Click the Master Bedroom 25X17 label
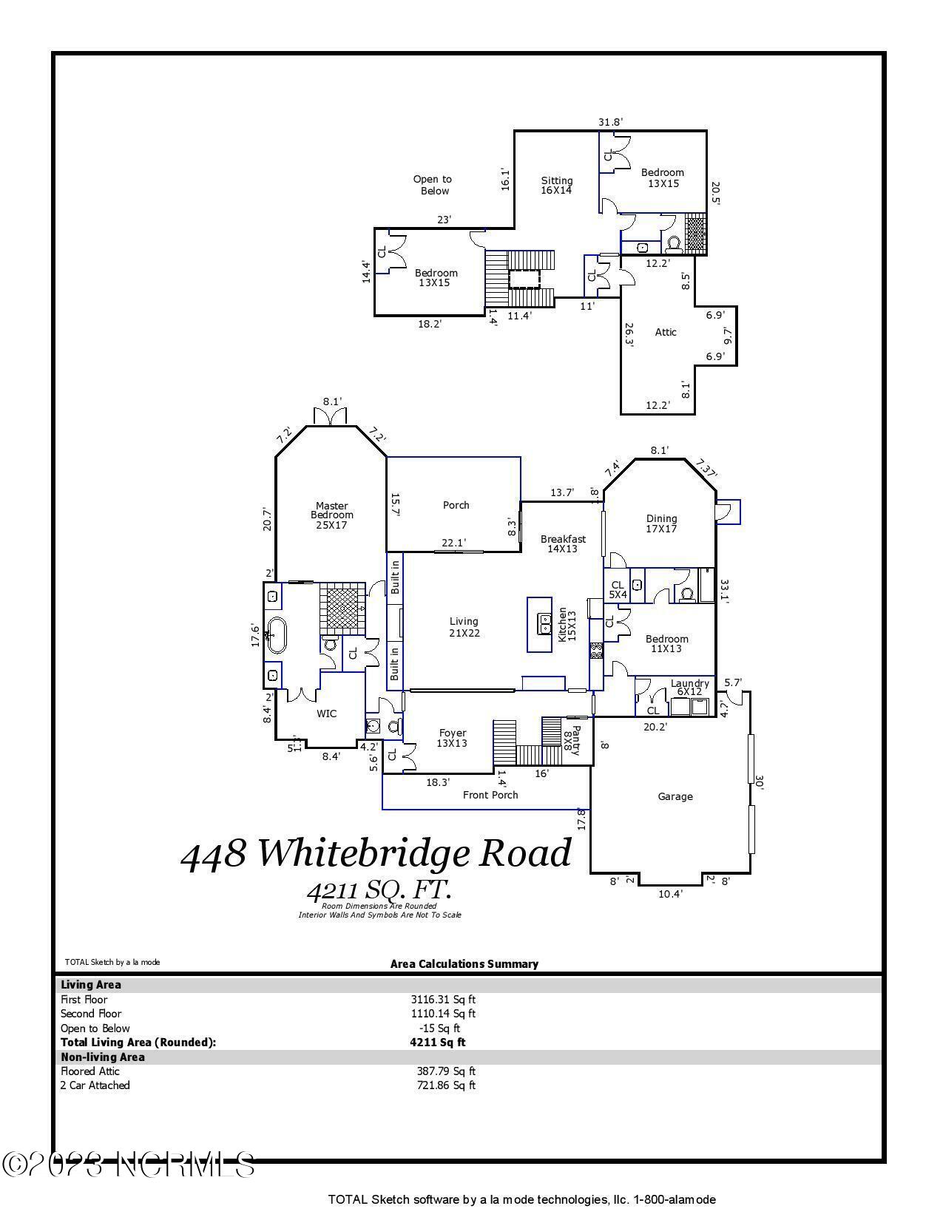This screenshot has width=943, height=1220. click(332, 515)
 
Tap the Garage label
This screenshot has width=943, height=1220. click(675, 796)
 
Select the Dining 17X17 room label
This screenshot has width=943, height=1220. click(661, 523)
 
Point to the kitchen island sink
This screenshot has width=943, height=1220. click(545, 624)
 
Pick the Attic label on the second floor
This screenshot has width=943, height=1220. click(666, 333)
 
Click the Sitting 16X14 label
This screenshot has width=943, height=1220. click(556, 185)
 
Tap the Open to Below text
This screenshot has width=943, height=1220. click(433, 185)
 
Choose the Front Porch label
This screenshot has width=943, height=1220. click(490, 795)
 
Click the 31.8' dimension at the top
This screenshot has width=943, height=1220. click(610, 122)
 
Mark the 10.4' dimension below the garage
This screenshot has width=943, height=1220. click(670, 894)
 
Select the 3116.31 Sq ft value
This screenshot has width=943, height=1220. click(443, 1000)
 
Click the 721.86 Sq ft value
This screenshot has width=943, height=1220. click(446, 1085)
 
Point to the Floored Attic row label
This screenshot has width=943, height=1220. click(90, 1071)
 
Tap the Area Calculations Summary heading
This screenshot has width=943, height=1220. click(464, 964)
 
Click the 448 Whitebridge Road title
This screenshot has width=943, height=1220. click(376, 854)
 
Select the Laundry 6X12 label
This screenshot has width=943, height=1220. click(690, 688)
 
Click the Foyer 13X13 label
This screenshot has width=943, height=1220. click(452, 738)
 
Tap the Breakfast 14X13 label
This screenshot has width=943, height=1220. click(563, 543)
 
